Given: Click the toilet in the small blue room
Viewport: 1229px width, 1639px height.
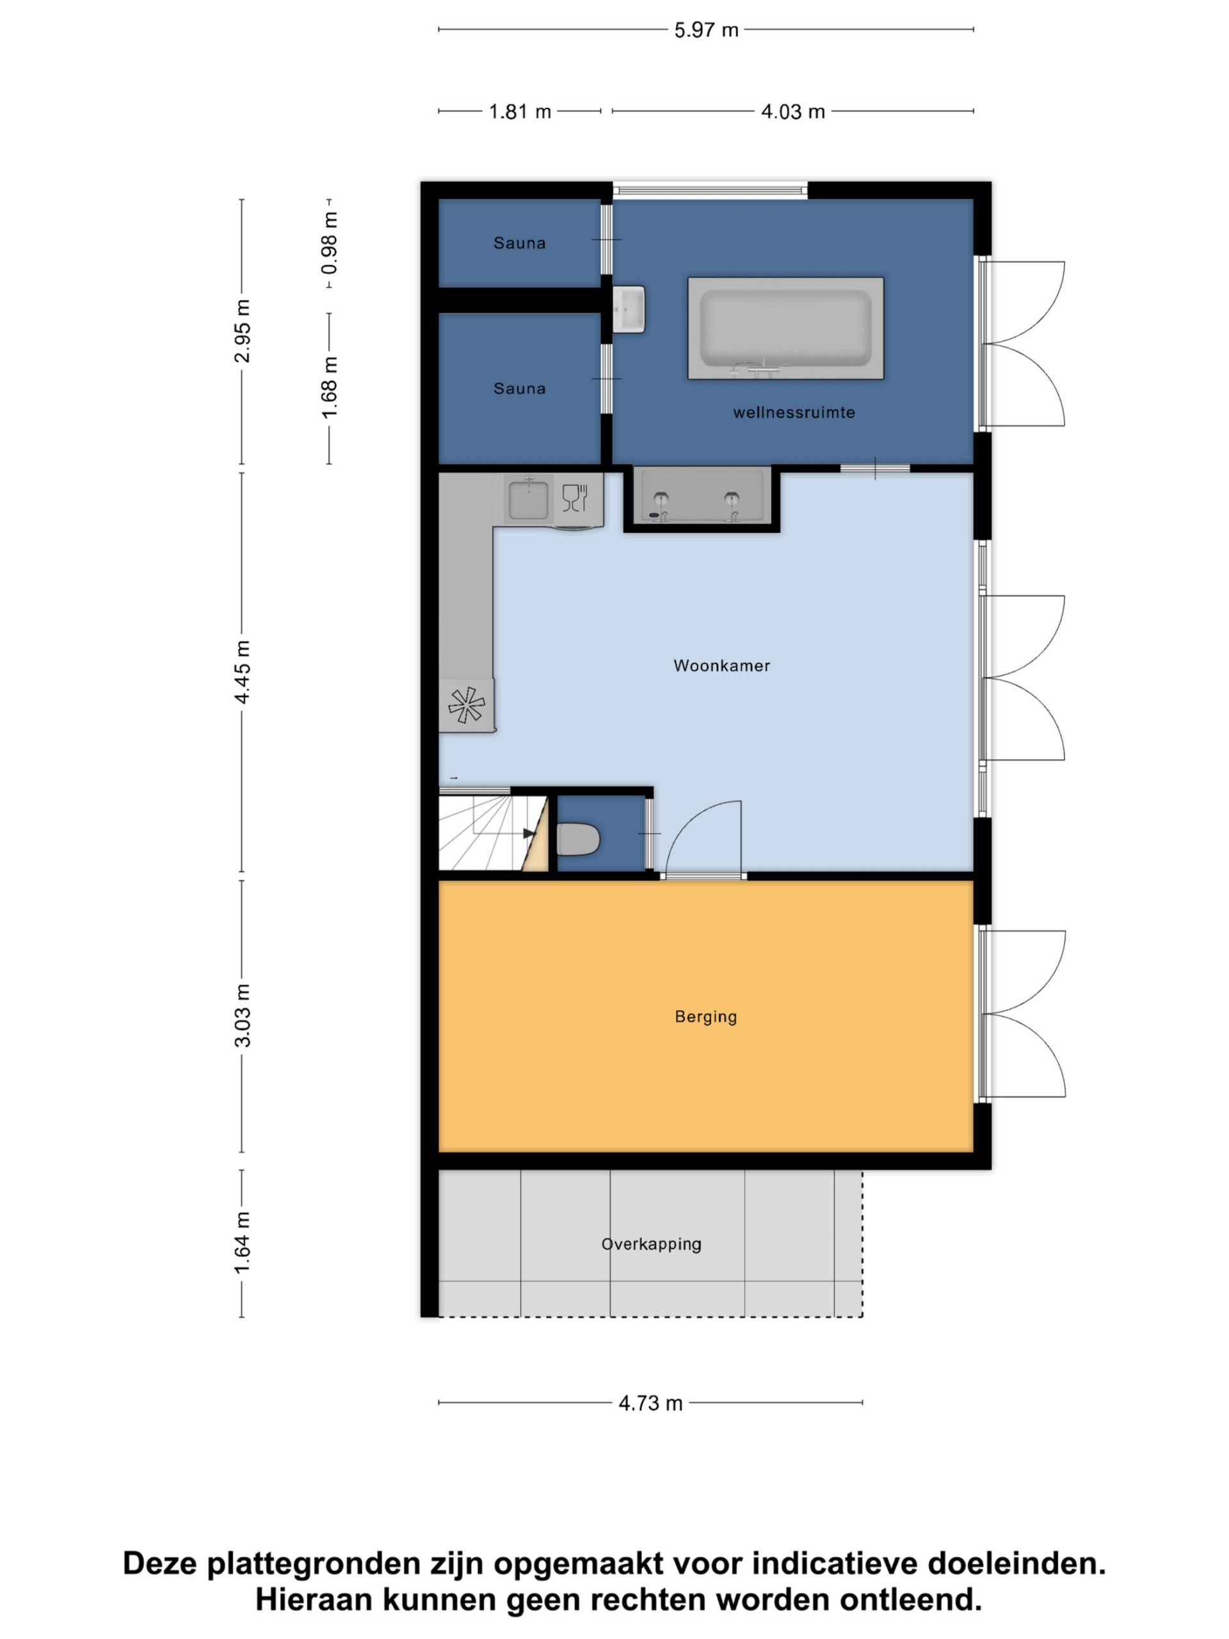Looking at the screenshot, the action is point(577,839).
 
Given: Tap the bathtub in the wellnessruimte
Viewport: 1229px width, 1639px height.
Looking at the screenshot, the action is point(785,328).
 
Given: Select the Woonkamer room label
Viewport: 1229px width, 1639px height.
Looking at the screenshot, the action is point(721,665).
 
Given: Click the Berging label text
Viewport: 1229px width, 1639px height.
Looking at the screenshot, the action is point(705,1017).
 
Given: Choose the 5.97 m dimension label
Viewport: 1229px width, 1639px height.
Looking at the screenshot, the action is point(706,29).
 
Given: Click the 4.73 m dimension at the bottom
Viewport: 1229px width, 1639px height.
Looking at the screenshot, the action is point(650,1403).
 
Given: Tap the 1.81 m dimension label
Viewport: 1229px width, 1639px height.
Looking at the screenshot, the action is point(520,111).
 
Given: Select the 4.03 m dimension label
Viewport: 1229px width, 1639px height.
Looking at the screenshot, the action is point(792,111).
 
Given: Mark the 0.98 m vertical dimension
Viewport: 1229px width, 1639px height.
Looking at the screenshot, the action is point(329,242).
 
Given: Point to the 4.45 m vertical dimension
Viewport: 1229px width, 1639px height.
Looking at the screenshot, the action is point(242,672).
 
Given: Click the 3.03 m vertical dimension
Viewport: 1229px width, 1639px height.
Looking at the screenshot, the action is point(242,1016).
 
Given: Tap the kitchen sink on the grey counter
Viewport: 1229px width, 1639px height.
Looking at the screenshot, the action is point(528,499).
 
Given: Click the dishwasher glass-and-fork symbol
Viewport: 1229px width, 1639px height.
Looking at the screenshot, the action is point(575,498).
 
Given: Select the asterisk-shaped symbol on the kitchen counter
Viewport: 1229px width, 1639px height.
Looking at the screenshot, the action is point(467,705).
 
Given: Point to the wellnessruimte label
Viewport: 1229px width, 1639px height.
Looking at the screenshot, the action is point(794,413).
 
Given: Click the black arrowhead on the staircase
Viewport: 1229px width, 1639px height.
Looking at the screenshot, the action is point(529,834).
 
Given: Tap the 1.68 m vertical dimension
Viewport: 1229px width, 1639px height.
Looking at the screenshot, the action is point(329,387).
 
